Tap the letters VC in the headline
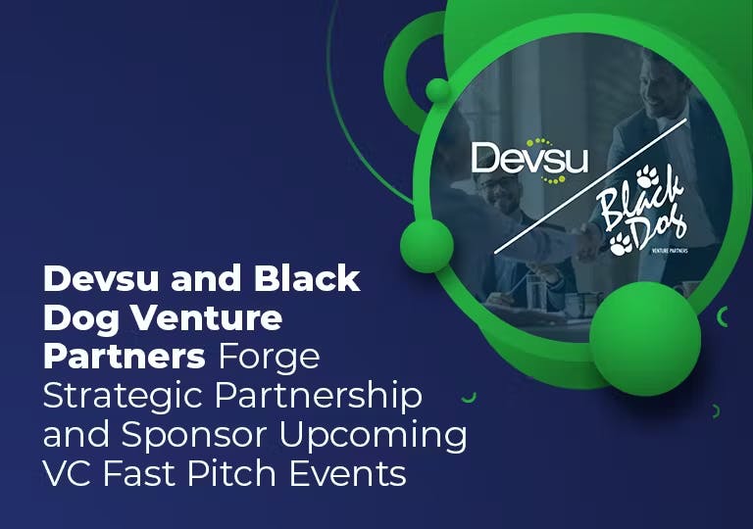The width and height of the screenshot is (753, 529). (x=66, y=474)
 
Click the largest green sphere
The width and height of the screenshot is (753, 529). (x=643, y=338)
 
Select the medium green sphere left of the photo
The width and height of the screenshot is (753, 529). (x=427, y=245)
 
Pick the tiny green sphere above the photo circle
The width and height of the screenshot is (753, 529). (x=438, y=91)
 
